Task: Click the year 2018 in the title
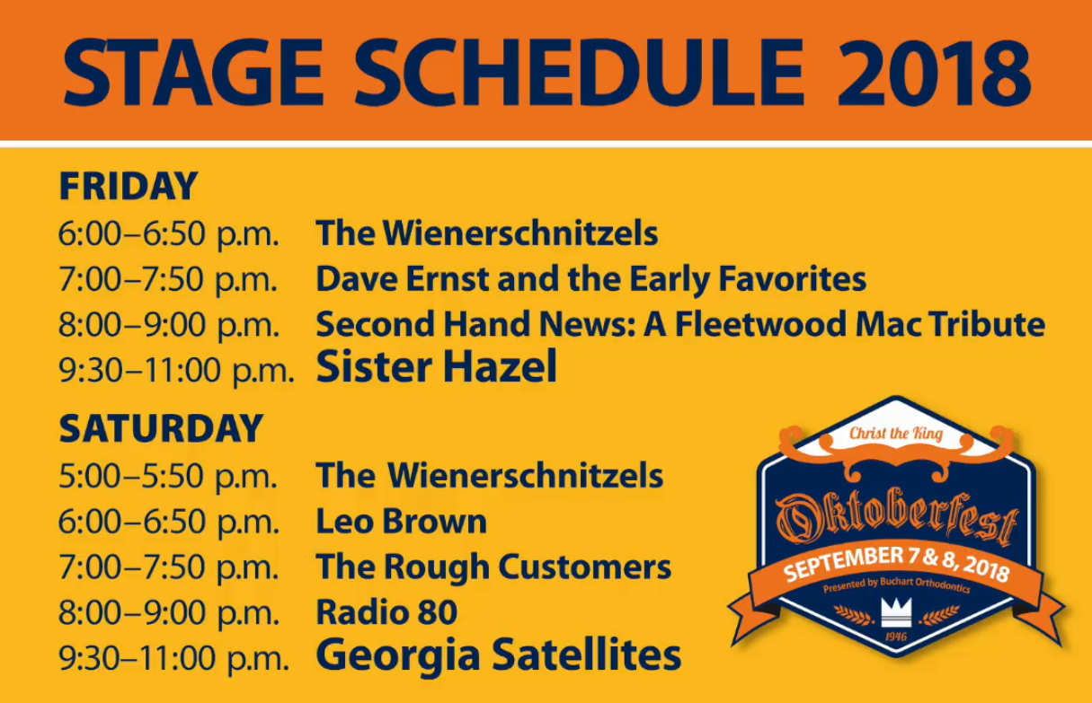pos(934,72)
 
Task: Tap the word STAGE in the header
pos(193,72)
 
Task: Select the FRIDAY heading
pos(128,186)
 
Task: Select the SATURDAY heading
pos(161,428)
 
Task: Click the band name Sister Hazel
pos(436,366)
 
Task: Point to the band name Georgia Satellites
pos(498,655)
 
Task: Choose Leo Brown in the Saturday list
pos(401,522)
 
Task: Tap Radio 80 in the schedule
pos(386,611)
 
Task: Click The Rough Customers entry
pos(493,567)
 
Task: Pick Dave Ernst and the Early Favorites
pos(590,279)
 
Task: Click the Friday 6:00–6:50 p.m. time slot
pos(168,234)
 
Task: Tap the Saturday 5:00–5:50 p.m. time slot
pos(168,476)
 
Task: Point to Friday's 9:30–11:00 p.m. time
pos(176,371)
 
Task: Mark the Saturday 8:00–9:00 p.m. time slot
pos(168,612)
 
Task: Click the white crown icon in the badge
pos(896,612)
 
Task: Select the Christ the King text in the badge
pos(896,434)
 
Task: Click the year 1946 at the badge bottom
pos(896,637)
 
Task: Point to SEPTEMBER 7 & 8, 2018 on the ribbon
pos(896,565)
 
